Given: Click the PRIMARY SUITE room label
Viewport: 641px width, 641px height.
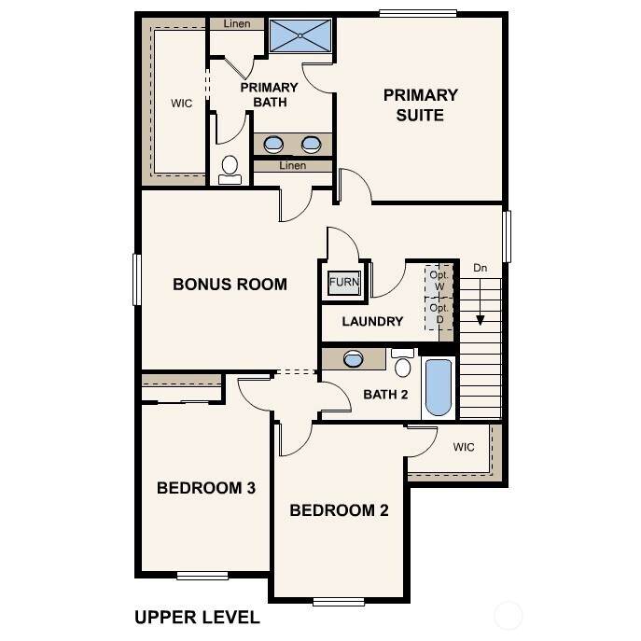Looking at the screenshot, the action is coord(420,105).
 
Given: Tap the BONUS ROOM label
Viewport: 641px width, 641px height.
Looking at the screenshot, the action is coord(230,285).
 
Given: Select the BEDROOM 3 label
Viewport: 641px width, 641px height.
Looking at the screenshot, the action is coord(206,488).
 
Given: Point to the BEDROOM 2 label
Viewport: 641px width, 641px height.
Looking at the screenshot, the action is coord(339,510).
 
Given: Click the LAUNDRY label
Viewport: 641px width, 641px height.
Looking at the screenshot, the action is coord(372,321).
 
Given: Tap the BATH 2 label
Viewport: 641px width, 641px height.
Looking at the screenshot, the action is coord(385,395).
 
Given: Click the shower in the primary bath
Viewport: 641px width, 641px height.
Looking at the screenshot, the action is coord(300,35).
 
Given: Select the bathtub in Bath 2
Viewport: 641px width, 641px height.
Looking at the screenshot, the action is coord(439,387).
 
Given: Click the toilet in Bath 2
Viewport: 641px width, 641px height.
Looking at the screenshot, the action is coord(403,363).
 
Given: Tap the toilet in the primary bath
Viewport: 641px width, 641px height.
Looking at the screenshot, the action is coord(230,170).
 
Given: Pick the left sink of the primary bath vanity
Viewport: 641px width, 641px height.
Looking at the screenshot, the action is coord(273,145).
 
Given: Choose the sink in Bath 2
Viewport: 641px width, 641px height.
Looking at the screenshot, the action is coord(354,359).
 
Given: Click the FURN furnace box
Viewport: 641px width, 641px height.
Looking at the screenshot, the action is coord(344,282).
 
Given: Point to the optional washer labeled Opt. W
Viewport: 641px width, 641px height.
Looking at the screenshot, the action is coord(439,281).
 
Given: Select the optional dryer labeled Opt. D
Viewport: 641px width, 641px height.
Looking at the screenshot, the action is coord(439,314).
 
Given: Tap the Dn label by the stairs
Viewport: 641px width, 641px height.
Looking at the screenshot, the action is coord(480,268).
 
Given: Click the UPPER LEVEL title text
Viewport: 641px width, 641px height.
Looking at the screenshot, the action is coord(197,618).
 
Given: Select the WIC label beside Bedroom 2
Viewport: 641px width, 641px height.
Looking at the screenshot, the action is coord(464,447).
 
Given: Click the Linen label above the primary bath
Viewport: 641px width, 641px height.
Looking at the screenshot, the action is coord(237,23).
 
